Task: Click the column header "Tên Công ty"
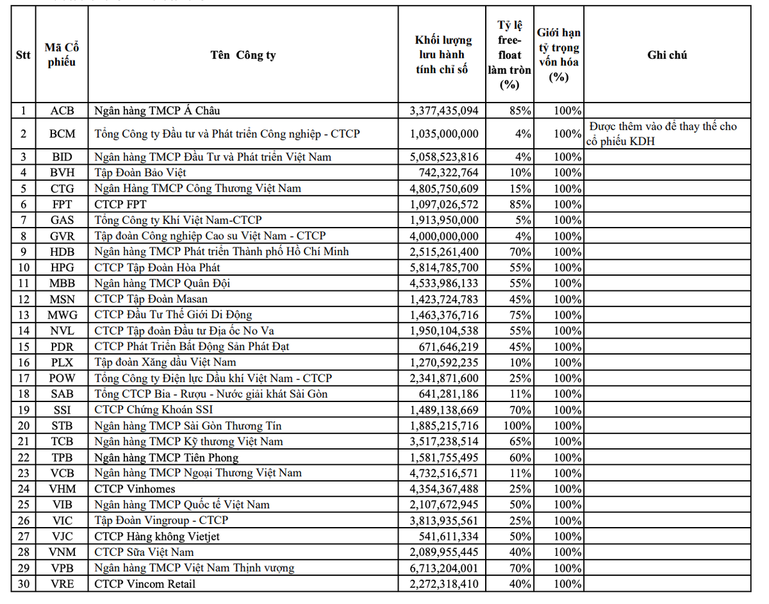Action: point(243,55)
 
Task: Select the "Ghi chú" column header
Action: point(667,55)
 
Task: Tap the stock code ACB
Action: point(62,110)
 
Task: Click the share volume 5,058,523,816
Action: point(443,157)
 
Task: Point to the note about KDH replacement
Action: point(663,134)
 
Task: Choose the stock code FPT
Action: point(62,205)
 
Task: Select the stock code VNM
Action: point(62,552)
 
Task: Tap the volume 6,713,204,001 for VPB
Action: point(443,568)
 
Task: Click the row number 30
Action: point(23,583)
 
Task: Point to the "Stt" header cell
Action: point(23,55)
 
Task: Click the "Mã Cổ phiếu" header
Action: point(62,55)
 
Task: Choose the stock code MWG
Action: point(62,315)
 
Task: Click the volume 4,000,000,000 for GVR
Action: point(443,236)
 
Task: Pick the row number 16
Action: point(23,363)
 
